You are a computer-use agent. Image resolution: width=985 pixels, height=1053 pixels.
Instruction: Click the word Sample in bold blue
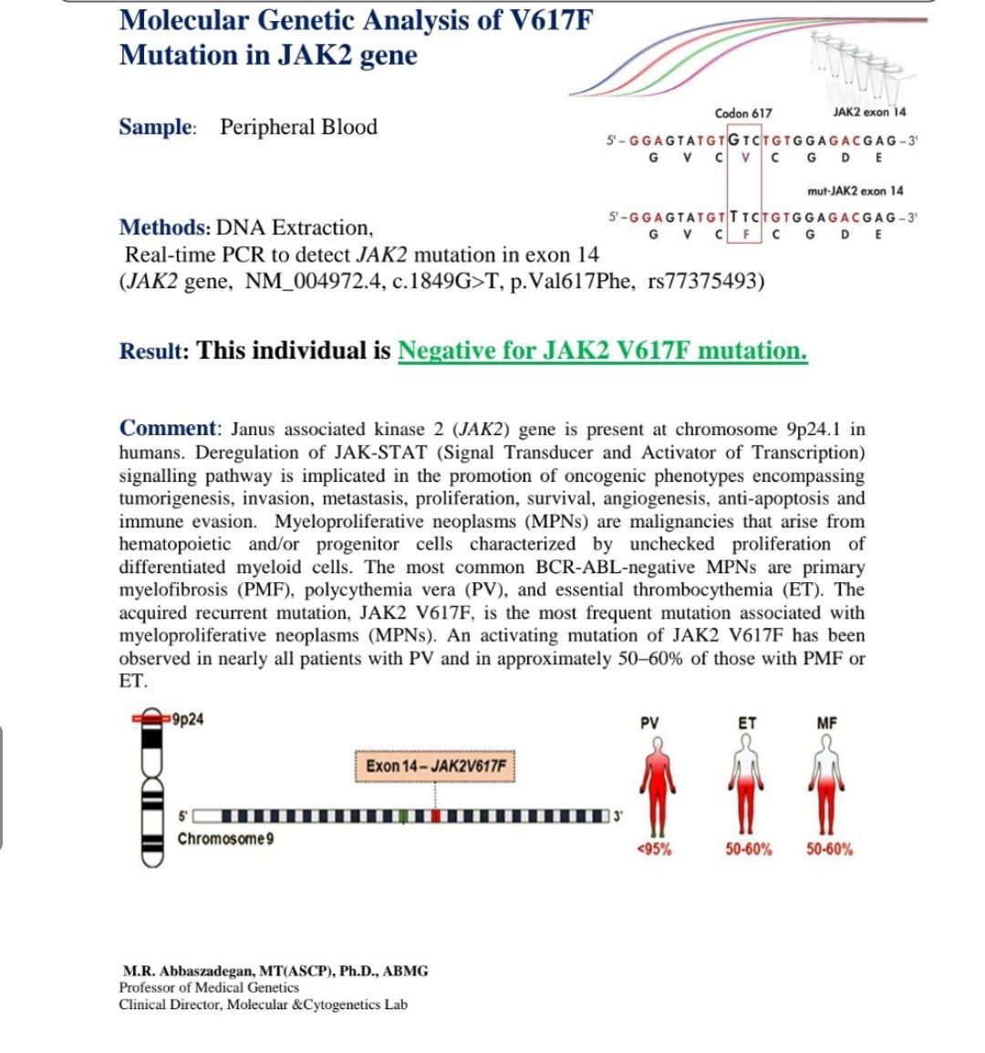156,127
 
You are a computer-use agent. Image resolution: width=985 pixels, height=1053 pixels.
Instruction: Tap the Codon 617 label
743,113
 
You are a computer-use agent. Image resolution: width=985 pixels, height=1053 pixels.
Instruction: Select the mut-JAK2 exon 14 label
855,191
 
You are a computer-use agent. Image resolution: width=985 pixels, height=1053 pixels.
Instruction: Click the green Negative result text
602,350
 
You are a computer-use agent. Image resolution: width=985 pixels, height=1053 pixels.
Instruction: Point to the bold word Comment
169,429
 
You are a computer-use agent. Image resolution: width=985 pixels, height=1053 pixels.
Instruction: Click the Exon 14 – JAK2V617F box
435,765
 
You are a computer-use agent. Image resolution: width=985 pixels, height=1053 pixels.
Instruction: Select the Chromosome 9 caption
224,839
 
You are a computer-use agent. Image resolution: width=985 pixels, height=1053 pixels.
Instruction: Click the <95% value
653,850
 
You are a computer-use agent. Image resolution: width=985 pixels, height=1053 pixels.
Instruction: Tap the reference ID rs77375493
705,280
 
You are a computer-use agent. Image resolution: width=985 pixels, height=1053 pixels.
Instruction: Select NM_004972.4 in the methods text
292,280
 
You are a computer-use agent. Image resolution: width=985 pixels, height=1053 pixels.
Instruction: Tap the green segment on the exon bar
403,816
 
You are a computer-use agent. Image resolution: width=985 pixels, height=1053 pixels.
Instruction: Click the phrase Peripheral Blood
298,127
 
